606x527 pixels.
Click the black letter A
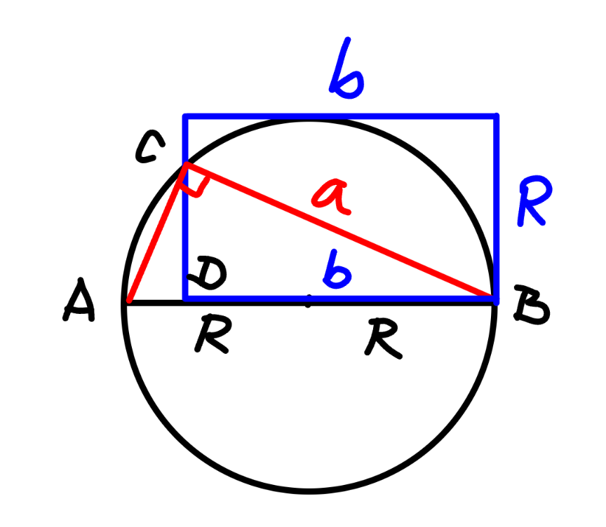pyautogui.click(x=79, y=301)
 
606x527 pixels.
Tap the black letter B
pyautogui.click(x=531, y=305)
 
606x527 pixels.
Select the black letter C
pyautogui.click(x=149, y=146)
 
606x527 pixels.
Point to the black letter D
pyautogui.click(x=207, y=273)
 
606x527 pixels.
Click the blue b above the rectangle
pyautogui.click(x=346, y=69)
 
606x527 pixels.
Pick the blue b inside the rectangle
pyautogui.click(x=337, y=270)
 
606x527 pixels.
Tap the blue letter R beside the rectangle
pyautogui.click(x=534, y=200)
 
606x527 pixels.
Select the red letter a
pyautogui.click(x=332, y=197)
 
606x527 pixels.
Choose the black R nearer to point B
pyautogui.click(x=383, y=338)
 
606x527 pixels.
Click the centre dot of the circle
pyautogui.click(x=308, y=301)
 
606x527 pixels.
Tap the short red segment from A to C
pyautogui.click(x=157, y=233)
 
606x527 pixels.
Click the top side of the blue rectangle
pyautogui.click(x=340, y=116)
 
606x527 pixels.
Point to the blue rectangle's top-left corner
pyautogui.click(x=185, y=116)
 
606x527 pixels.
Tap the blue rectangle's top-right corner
pyautogui.click(x=497, y=116)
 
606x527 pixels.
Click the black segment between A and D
pyautogui.click(x=156, y=302)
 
